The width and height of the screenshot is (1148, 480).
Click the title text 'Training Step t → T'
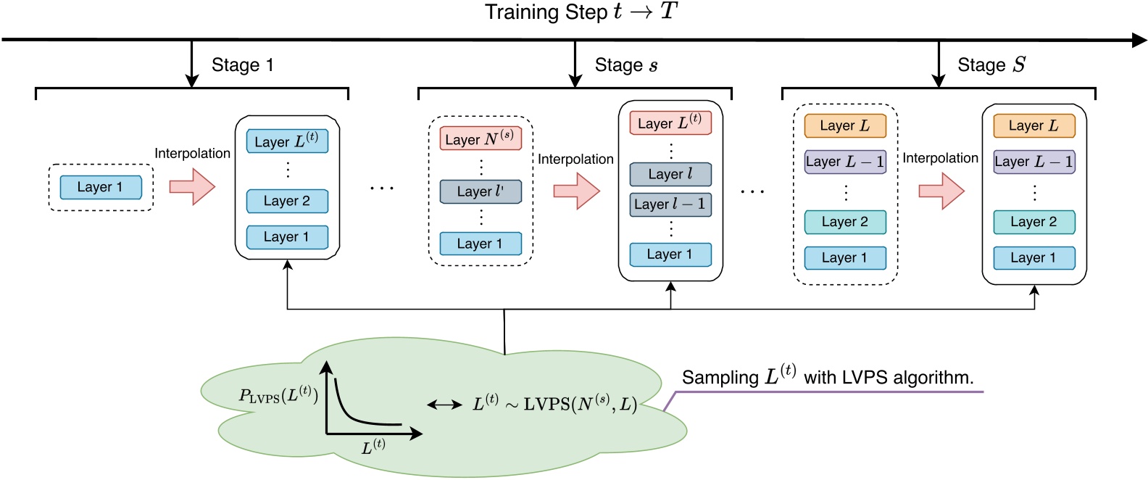coord(581,12)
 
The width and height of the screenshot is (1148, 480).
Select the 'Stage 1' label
coord(242,65)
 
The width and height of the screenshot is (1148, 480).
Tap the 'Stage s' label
coord(625,65)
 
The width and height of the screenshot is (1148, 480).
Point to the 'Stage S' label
coord(991,65)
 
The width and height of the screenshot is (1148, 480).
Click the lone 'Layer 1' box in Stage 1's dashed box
coord(101,187)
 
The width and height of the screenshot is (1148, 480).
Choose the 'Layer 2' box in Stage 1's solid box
coord(287,201)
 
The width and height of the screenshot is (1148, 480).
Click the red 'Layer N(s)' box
coord(480,138)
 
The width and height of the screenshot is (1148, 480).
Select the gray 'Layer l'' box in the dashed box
coord(480,191)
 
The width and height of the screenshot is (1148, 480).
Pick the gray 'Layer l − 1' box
coord(670,204)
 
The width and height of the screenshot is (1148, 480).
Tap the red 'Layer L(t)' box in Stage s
coord(670,123)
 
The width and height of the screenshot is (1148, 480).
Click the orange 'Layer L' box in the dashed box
coord(845,125)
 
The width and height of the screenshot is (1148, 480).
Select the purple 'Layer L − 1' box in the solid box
coord(1033,162)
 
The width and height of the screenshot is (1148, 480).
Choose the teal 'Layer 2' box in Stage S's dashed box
coord(845,222)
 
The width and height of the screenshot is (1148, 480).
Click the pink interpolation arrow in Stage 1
coord(192,186)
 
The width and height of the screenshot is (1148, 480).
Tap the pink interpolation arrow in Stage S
coord(941,191)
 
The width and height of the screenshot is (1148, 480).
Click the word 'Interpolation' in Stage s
coord(575,160)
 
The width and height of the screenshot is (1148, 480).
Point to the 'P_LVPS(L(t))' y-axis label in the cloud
coord(278,395)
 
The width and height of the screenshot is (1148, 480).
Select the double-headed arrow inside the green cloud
coord(444,405)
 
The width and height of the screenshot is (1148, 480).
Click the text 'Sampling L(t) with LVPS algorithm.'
coord(827,377)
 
